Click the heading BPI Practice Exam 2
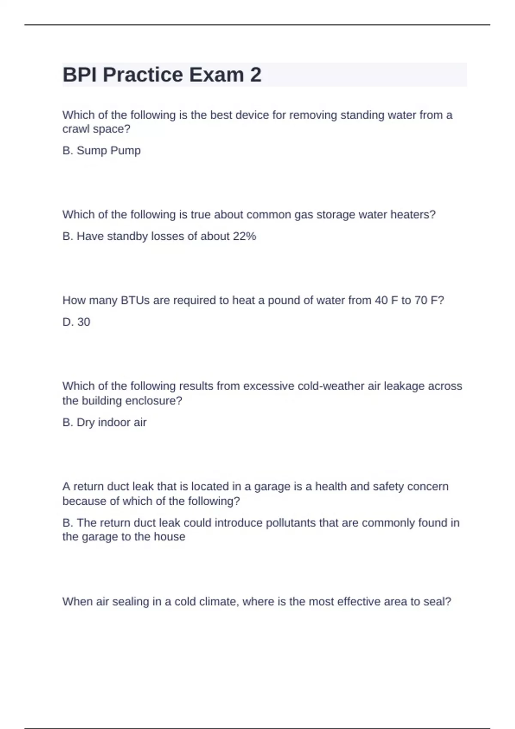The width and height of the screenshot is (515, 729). [162, 75]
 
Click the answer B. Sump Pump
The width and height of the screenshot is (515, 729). [101, 151]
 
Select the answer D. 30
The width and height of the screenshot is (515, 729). [76, 322]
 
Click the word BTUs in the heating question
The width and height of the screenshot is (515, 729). [135, 300]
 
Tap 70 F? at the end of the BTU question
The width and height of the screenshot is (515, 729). [429, 300]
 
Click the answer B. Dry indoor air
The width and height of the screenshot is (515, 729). [104, 422]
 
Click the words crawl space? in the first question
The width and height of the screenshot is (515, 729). [96, 129]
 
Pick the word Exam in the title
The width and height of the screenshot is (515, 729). [216, 75]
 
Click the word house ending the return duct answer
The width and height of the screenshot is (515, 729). [171, 537]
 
